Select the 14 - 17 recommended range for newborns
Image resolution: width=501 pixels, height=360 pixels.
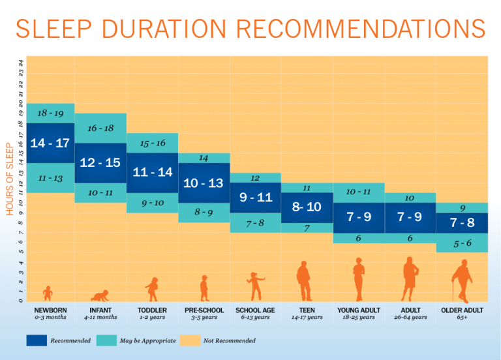(x=50, y=143)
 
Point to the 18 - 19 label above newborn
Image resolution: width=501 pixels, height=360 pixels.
(x=50, y=113)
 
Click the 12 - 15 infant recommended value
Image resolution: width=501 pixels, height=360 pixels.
(x=100, y=162)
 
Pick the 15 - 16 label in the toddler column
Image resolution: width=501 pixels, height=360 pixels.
(x=152, y=143)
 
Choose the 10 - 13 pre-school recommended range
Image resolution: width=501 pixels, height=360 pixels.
(x=204, y=183)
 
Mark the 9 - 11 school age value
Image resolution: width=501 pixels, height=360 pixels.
(x=255, y=197)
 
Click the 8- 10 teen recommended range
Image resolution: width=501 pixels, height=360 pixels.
(x=307, y=207)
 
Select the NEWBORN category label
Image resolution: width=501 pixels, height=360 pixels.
(x=50, y=310)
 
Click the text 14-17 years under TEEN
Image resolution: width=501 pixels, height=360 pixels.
(x=307, y=318)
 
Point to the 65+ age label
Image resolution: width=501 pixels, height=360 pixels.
(x=462, y=318)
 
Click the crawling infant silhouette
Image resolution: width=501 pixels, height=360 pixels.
(x=100, y=295)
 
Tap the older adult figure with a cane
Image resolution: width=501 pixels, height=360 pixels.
(x=462, y=280)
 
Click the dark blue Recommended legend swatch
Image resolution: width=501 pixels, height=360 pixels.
(x=37, y=340)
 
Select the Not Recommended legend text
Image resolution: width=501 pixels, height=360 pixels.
(x=230, y=340)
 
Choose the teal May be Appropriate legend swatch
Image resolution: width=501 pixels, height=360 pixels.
(x=106, y=340)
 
